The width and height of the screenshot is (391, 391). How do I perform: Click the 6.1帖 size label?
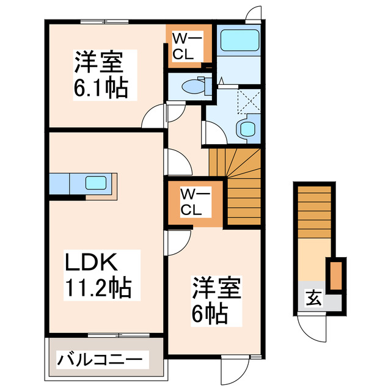101,89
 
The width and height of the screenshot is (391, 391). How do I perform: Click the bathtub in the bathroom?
239,41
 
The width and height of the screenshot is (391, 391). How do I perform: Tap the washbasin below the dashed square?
247,128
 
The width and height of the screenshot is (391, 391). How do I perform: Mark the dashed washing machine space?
248,101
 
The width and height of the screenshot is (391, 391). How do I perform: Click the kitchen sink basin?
97,183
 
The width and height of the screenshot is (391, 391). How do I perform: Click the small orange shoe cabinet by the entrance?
334,275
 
